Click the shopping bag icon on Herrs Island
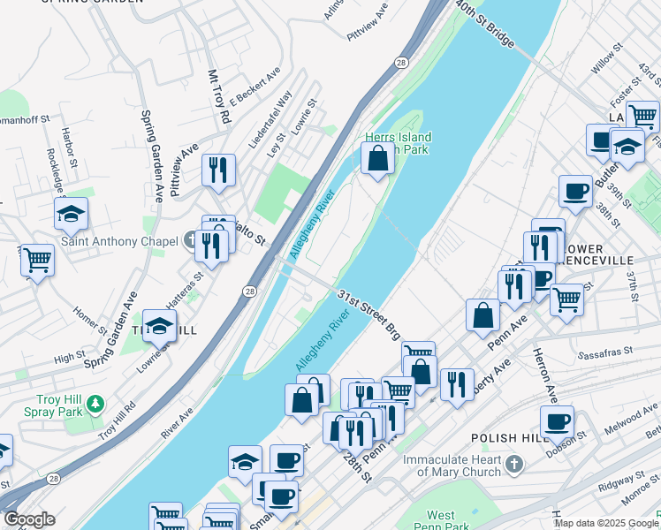[377, 160]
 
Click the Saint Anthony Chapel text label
[112, 241]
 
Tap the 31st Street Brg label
[368, 314]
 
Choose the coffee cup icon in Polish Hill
[557, 421]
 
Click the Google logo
[28, 519]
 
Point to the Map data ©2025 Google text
[606, 523]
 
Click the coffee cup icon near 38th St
[575, 191]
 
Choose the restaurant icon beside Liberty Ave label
[456, 384]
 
